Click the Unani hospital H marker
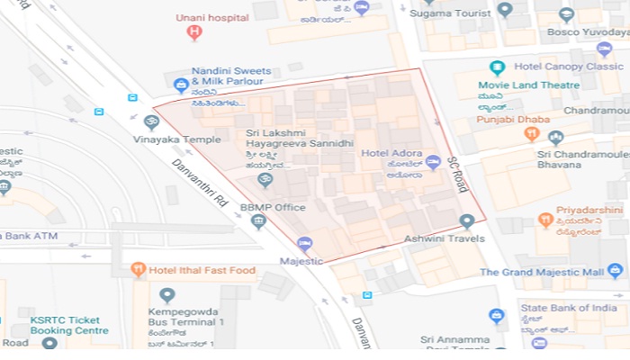[193, 33]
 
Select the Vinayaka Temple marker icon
[151, 122]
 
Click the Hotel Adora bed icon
[433, 163]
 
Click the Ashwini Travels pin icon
[466, 221]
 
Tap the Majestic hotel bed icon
[304, 244]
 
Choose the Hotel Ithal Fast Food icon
[138, 268]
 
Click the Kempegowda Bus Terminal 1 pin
[167, 295]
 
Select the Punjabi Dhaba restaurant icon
[532, 134]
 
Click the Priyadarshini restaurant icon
[545, 220]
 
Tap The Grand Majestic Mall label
[553, 272]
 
